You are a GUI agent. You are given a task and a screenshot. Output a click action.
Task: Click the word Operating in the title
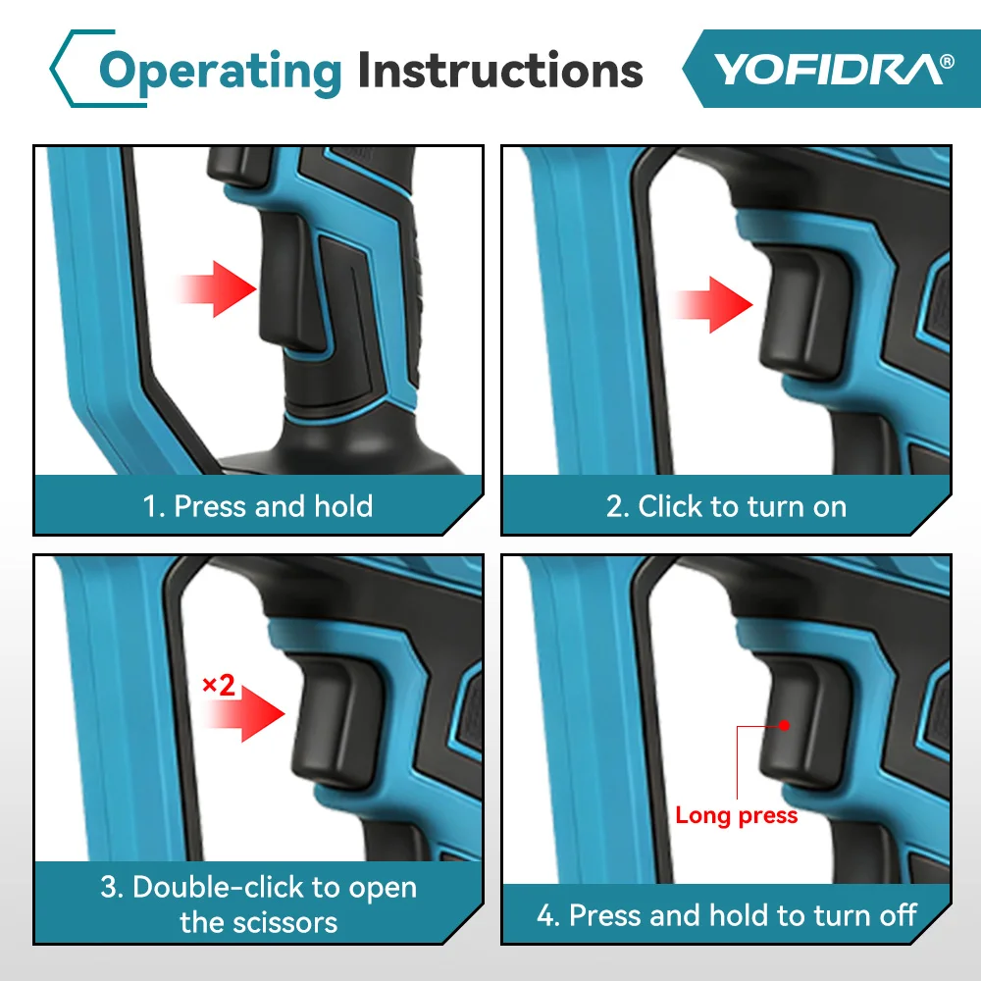[x=220, y=73]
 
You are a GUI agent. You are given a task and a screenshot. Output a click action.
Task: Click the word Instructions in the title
[x=500, y=69]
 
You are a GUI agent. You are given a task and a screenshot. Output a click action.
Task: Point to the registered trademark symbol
[x=947, y=61]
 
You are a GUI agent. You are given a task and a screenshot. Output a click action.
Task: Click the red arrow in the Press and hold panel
[x=215, y=289]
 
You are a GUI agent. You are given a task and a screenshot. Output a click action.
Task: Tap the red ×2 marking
[x=219, y=685]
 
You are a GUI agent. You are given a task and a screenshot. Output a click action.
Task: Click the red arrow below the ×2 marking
[x=244, y=714]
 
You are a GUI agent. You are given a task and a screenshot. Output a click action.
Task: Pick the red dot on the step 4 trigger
[x=784, y=726]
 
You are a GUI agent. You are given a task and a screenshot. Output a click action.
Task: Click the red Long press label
[x=737, y=816]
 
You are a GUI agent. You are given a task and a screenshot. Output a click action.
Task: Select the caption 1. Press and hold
[x=258, y=505]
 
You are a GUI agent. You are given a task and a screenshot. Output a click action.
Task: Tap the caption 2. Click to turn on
[x=726, y=506]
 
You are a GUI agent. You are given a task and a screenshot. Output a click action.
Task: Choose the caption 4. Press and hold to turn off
[x=726, y=915]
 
